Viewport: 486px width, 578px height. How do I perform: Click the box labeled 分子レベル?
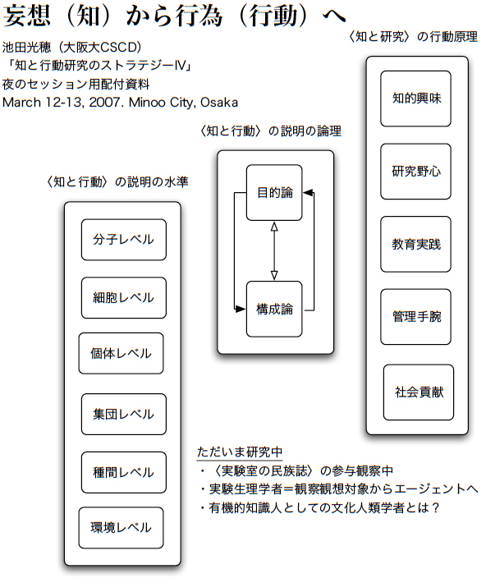tap(123, 240)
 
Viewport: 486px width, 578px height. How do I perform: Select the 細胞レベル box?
tap(123, 298)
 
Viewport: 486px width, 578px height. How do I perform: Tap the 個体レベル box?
tap(121, 354)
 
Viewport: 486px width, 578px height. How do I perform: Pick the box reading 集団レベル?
tap(123, 415)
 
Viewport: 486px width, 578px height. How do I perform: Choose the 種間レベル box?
tap(123, 472)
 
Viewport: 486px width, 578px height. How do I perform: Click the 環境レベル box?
tap(121, 528)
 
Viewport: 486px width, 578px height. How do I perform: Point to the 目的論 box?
tap(274, 193)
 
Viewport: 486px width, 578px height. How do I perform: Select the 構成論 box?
tap(274, 309)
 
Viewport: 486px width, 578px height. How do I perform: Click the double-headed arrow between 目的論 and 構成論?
tap(275, 251)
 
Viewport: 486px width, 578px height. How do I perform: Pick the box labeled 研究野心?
tap(416, 172)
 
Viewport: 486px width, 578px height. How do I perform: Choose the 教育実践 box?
tap(416, 245)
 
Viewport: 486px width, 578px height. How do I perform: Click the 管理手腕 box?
tap(416, 317)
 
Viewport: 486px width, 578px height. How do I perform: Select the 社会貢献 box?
tap(419, 392)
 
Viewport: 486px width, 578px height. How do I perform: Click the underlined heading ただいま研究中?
tap(239, 452)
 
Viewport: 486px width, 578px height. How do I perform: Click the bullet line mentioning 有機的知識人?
tap(320, 507)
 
